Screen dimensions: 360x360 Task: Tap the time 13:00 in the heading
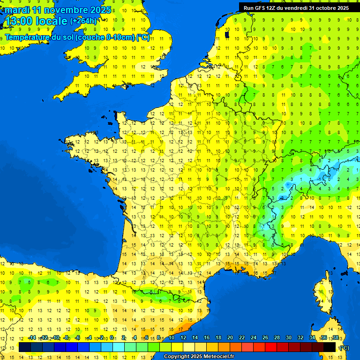pos(21,21)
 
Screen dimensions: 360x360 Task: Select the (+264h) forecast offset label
pos(83,21)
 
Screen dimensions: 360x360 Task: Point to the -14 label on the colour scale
pos(32,338)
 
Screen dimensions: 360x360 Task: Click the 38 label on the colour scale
pos(336,338)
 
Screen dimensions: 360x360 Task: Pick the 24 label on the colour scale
pos(254,338)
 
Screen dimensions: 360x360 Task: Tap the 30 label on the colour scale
pos(289,338)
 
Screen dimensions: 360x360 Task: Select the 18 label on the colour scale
pos(218,338)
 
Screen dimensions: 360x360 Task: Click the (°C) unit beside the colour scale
pos(344,348)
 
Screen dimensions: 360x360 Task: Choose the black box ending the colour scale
pos(330,347)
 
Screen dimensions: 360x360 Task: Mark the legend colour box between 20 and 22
pos(236,347)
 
